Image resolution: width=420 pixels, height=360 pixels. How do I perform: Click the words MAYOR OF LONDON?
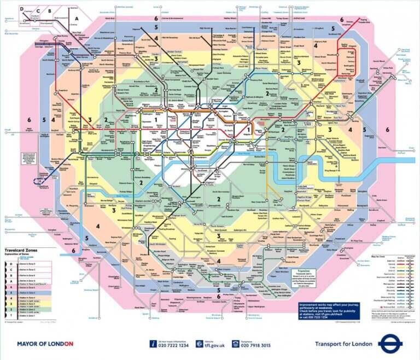pyautogui.click(x=45, y=344)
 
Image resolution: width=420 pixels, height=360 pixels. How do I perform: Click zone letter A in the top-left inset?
pyautogui.click(x=77, y=18)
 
